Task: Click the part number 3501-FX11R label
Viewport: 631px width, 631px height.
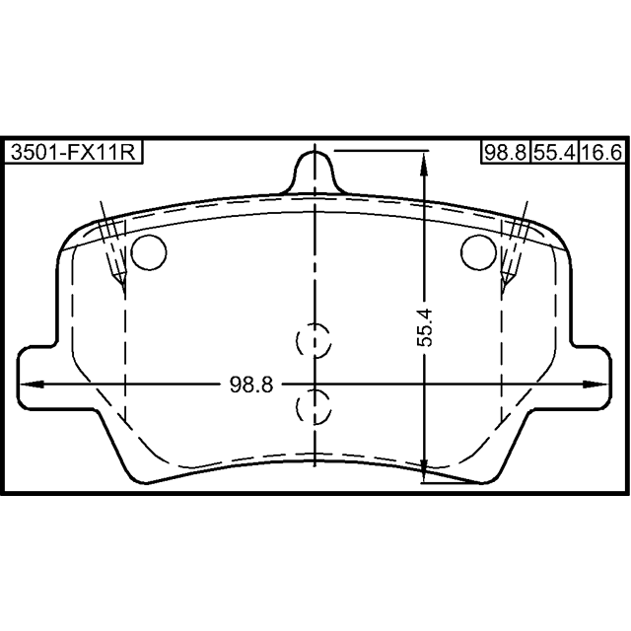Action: [73, 152]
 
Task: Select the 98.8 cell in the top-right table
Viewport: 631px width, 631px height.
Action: [506, 153]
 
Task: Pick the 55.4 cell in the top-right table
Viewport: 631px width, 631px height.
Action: [554, 153]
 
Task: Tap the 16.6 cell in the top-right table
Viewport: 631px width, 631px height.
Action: [602, 153]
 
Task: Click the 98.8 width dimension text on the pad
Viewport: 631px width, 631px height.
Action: [251, 385]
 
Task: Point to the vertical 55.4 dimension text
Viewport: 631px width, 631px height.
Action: [424, 327]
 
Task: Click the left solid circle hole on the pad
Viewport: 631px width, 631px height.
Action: [149, 252]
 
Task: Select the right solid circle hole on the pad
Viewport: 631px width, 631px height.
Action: [478, 252]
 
